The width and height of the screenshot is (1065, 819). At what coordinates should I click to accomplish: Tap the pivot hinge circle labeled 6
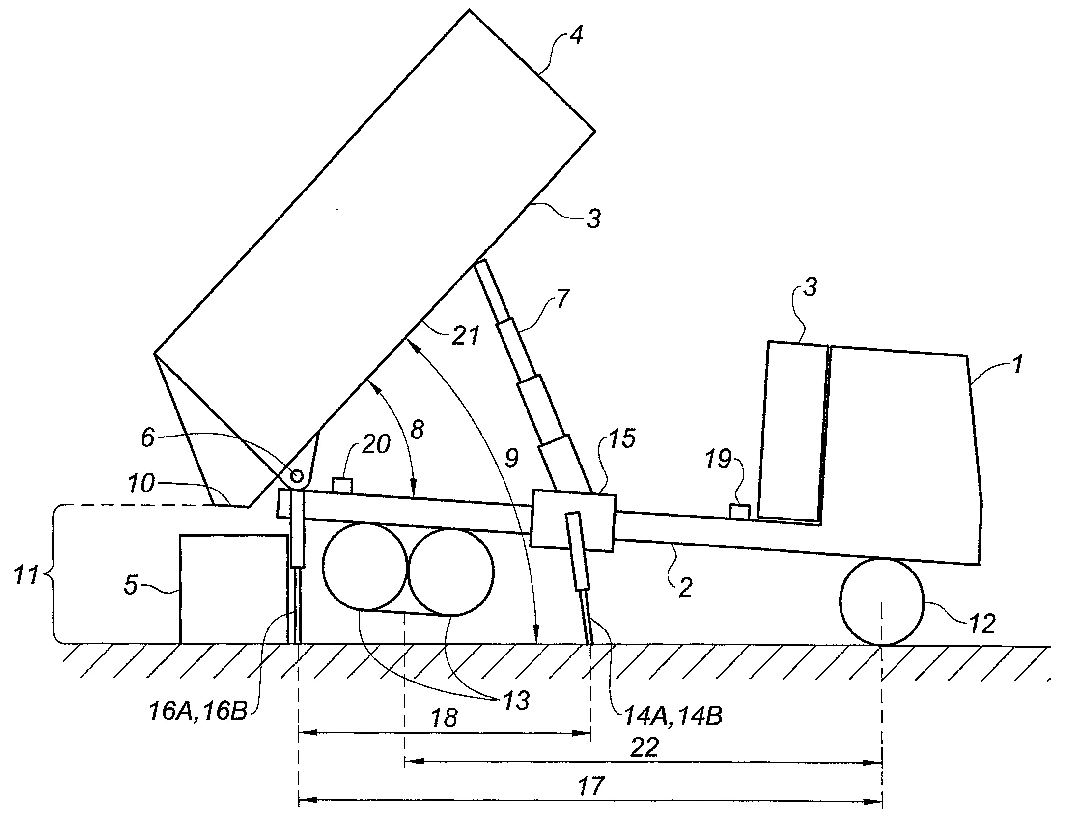pyautogui.click(x=297, y=476)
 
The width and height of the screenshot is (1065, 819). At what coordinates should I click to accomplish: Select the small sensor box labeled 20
pyautogui.click(x=342, y=486)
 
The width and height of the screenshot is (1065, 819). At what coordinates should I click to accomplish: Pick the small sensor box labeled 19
pyautogui.click(x=739, y=512)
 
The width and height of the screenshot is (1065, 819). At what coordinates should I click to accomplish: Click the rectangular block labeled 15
pyautogui.click(x=573, y=520)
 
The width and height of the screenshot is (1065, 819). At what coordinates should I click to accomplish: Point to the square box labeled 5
pyautogui.click(x=233, y=589)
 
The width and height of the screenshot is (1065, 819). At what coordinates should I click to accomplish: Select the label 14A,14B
pyautogui.click(x=673, y=716)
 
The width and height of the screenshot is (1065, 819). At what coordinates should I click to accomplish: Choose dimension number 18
pyautogui.click(x=445, y=718)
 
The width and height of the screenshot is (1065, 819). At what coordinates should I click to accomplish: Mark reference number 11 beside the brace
pyautogui.click(x=26, y=574)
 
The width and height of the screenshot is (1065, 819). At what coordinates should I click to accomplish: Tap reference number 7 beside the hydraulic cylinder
pyautogui.click(x=562, y=299)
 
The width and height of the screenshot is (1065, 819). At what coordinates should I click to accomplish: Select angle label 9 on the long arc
pyautogui.click(x=511, y=458)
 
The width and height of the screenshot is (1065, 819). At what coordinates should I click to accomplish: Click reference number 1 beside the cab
pyautogui.click(x=1016, y=365)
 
